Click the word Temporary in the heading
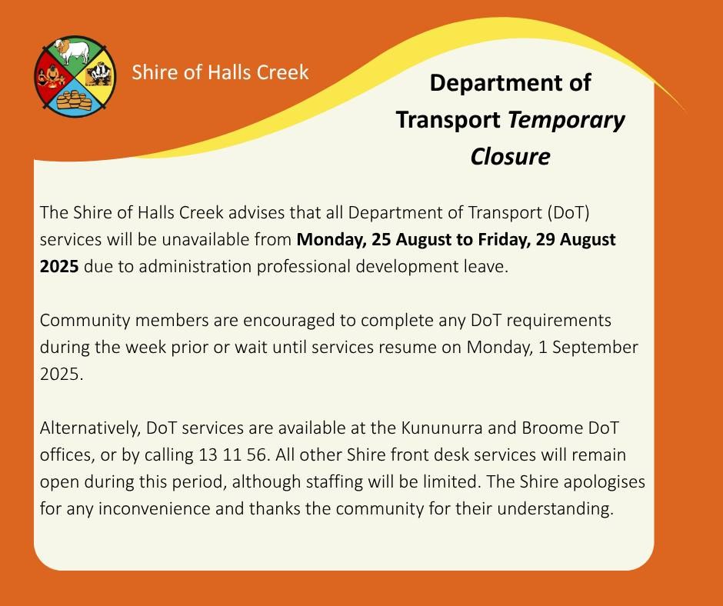566,121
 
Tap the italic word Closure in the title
510,156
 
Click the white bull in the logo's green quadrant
72,51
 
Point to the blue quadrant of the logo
74,98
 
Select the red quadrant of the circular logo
52,76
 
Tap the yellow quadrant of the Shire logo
98,75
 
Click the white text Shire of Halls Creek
220,72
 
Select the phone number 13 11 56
232,455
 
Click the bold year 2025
59,267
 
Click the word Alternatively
90,428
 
